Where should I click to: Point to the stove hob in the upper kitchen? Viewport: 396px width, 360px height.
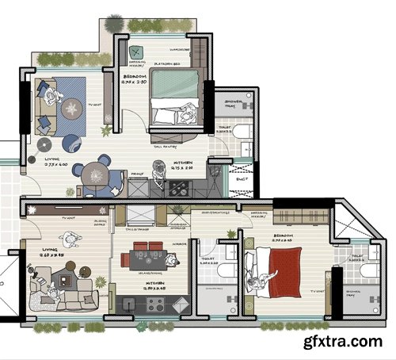click(x=178, y=189)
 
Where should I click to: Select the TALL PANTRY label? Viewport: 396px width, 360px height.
click(x=163, y=147)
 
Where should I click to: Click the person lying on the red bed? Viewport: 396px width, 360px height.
click(x=261, y=282)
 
